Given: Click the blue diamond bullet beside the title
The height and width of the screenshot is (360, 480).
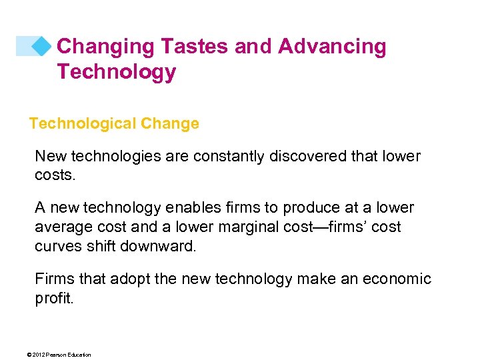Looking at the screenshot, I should pyautogui.click(x=41, y=46).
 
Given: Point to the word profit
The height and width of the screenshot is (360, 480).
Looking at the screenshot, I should pyautogui.click(x=53, y=297).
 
